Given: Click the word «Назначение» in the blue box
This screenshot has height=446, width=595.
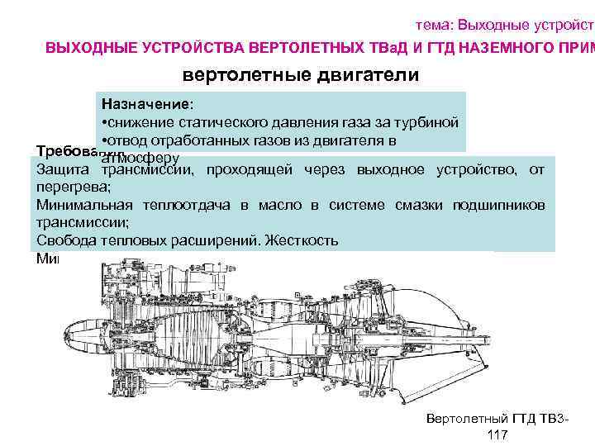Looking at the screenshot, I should coord(145,106).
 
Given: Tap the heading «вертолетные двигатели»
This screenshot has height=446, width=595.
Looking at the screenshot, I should coord(301,75).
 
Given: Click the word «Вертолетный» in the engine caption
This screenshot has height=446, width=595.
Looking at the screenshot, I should coord(464,419).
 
